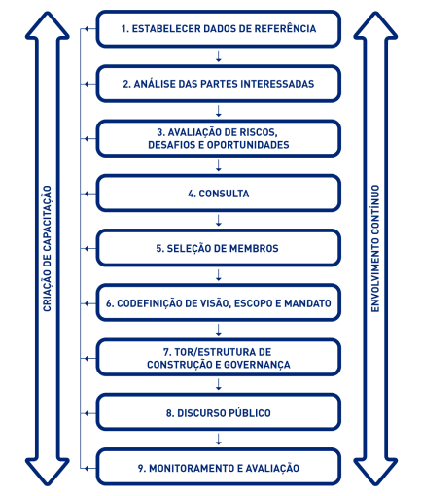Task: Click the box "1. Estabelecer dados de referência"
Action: click(x=218, y=29)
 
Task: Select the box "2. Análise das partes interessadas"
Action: click(x=218, y=84)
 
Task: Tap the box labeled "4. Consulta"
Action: click(x=218, y=194)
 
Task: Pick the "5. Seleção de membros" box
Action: click(x=218, y=248)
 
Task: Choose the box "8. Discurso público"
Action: click(x=218, y=413)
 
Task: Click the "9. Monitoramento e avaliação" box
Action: click(x=218, y=468)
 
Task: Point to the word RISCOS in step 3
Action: click(x=259, y=132)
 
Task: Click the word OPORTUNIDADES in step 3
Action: click(x=248, y=145)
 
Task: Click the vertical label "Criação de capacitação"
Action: click(x=48, y=249)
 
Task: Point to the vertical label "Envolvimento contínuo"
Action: click(x=375, y=249)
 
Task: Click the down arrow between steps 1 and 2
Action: click(x=219, y=56)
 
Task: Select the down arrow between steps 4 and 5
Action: click(x=219, y=221)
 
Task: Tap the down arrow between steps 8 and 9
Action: click(x=219, y=440)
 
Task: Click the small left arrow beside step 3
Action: click(x=89, y=139)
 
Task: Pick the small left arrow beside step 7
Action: click(x=89, y=359)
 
